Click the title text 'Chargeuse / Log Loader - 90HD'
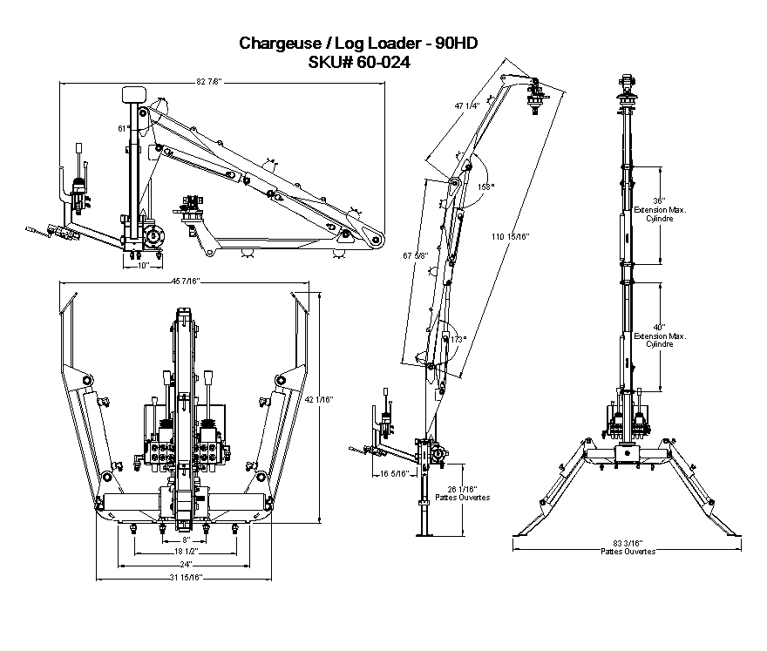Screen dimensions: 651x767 click(358, 43)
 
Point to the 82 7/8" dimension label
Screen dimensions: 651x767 click(209, 82)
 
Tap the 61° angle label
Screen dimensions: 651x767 click(124, 128)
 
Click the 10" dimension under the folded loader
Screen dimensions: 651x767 click(142, 265)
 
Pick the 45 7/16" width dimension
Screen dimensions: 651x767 click(185, 281)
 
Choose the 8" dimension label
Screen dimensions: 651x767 click(185, 540)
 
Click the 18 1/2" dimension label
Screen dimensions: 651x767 click(186, 553)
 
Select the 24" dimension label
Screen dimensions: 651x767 click(185, 565)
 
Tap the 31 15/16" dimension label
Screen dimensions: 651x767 click(185, 577)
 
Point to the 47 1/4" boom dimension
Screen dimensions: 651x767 click(467, 106)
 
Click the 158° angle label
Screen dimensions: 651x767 click(485, 186)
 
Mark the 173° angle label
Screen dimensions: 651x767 click(459, 338)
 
